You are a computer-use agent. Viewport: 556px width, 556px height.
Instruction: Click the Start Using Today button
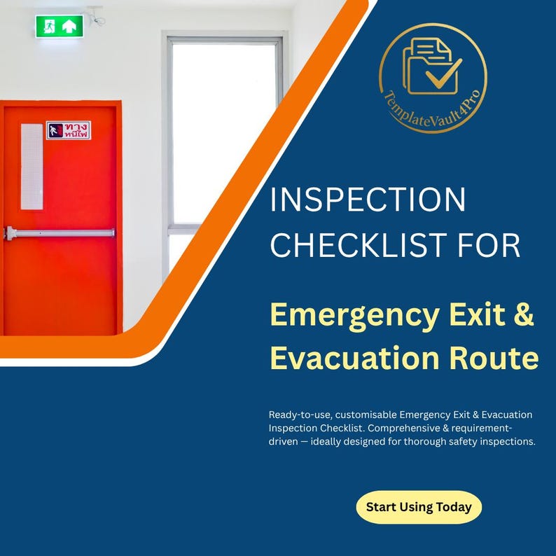pyautogui.click(x=419, y=507)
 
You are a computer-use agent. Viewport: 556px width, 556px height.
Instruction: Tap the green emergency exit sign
pyautogui.click(x=60, y=26)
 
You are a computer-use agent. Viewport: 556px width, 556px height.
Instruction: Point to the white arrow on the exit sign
pyautogui.click(x=69, y=26)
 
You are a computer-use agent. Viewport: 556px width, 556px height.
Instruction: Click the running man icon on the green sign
pyautogui.click(x=49, y=27)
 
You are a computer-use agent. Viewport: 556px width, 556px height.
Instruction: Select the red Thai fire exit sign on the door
pyautogui.click(x=69, y=130)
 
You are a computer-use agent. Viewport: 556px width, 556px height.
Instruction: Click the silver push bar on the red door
pyautogui.click(x=60, y=233)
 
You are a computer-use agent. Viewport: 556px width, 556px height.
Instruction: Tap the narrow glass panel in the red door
pyautogui.click(x=32, y=166)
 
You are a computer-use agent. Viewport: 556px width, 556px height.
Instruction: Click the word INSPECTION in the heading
pyautogui.click(x=368, y=200)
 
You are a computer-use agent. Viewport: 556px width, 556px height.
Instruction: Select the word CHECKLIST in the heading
pyautogui.click(x=358, y=244)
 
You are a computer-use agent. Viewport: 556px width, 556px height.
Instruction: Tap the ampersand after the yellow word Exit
pyautogui.click(x=523, y=314)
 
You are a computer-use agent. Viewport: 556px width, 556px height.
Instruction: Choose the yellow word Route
pyautogui.click(x=494, y=358)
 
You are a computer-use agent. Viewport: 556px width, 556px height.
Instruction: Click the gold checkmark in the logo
pyautogui.click(x=443, y=74)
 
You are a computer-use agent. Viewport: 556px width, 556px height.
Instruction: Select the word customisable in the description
pyautogui.click(x=366, y=415)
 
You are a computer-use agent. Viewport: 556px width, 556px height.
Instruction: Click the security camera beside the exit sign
pyautogui.click(x=96, y=16)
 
